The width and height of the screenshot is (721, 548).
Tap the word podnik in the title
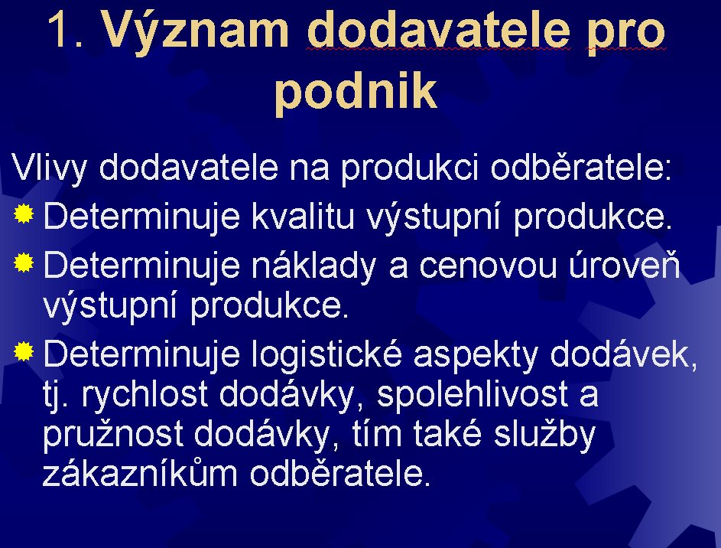point(356,91)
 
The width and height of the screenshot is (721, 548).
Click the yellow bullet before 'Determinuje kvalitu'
point(24,214)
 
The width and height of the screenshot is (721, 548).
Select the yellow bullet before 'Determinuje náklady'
point(24,263)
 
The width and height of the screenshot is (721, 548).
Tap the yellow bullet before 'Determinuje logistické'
point(24,353)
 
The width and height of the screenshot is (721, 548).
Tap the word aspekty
point(476,357)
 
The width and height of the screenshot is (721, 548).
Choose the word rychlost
point(145,396)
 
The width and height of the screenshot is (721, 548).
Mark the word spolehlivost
point(473,396)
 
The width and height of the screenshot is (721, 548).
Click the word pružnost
point(113,435)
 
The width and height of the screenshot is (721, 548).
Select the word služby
point(544,435)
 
